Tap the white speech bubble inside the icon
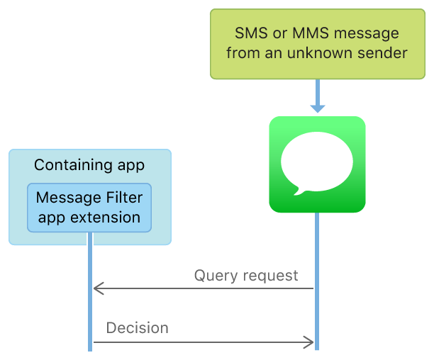pyautogui.click(x=316, y=162)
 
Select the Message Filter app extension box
pyautogui.click(x=89, y=207)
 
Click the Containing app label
pyautogui.click(x=89, y=165)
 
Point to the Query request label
pyautogui.click(x=246, y=275)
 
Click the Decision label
pyautogui.click(x=138, y=328)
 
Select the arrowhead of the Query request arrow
pyautogui.click(x=99, y=288)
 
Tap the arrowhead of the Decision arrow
pyautogui.click(x=308, y=343)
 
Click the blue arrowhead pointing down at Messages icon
pyautogui.click(x=317, y=107)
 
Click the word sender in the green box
pyautogui.click(x=385, y=53)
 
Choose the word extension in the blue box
pyautogui.click(x=105, y=217)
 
